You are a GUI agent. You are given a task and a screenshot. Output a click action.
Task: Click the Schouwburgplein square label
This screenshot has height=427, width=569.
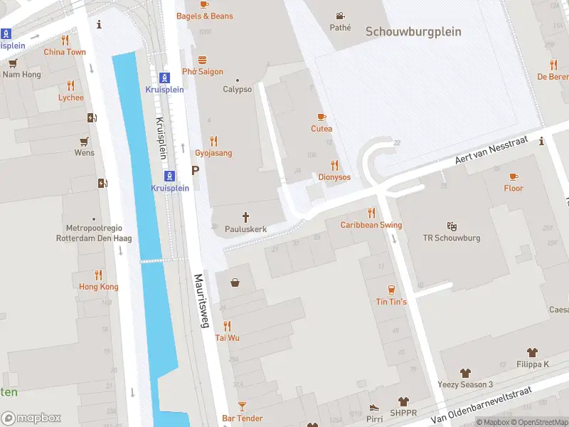[x=413, y=32]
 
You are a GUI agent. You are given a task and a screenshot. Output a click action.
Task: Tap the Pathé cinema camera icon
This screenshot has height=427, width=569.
[x=341, y=16]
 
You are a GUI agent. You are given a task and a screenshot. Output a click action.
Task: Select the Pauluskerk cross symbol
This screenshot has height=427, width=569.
[x=246, y=217]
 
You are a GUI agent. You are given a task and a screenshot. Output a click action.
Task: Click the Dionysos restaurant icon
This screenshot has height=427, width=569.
[x=334, y=165]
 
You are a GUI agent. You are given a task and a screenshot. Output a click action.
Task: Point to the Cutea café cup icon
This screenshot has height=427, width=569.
[x=321, y=117]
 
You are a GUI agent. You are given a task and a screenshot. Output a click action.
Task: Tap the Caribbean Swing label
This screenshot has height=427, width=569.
[x=371, y=225]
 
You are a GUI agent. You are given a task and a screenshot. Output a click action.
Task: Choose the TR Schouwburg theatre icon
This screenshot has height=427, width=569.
[x=452, y=226]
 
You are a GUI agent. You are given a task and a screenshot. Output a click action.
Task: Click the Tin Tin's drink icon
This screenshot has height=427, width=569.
[x=391, y=289]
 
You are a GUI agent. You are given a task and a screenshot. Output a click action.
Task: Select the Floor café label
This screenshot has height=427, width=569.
[x=514, y=189]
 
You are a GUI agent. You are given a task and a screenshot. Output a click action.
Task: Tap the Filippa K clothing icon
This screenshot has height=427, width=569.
[x=532, y=352]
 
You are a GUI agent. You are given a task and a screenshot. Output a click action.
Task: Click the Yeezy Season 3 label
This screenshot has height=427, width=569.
[x=466, y=384]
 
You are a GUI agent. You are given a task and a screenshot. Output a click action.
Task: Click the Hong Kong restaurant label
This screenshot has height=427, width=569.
[x=98, y=287]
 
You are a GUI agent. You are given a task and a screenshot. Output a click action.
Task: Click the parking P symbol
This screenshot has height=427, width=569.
[x=195, y=172]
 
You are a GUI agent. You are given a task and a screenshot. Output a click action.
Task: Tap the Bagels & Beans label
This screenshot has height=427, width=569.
[x=204, y=16]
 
